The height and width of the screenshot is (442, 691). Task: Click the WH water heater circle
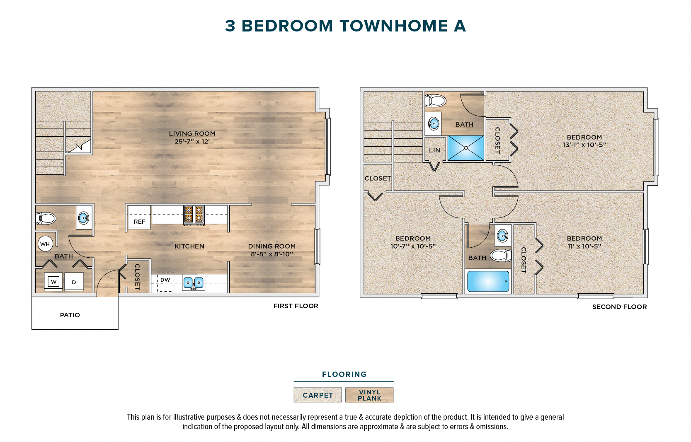pos(45,244)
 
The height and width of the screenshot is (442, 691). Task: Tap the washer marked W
pos(53,282)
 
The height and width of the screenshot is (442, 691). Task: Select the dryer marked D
pos(74,282)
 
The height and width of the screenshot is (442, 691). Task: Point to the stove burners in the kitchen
pos(194,214)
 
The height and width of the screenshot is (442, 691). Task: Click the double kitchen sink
pos(194,283)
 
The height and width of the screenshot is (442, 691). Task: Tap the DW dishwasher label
pos(165,280)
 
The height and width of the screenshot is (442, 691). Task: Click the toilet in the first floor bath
pos(46,218)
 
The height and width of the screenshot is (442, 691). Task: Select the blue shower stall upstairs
pos(466,148)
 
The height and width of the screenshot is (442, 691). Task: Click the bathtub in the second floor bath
pos(488,282)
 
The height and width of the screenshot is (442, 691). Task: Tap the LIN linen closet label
pos(434,150)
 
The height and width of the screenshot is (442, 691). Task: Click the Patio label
pos(70,315)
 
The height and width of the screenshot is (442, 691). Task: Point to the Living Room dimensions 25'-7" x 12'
pos(192,142)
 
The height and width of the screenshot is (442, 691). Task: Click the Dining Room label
pos(272,246)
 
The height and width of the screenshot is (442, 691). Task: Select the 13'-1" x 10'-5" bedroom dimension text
pos(584,145)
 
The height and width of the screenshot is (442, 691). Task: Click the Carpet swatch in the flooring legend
pos(318,395)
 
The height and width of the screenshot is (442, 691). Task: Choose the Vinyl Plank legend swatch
pos(369,395)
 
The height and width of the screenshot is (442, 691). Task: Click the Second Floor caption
pos(619,307)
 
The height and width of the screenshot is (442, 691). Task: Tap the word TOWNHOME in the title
pos(394,26)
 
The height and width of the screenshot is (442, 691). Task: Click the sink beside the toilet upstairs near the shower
pos(434,123)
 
